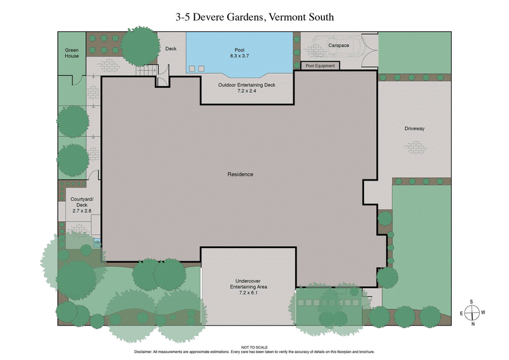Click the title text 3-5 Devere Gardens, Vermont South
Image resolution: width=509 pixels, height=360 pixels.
[x=254, y=17]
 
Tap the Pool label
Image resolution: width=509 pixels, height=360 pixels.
[x=241, y=50]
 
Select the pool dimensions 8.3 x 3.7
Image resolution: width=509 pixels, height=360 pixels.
[x=241, y=56]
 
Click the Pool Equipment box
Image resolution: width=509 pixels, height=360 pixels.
[x=320, y=66]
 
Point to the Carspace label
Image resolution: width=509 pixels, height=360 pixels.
[x=338, y=46]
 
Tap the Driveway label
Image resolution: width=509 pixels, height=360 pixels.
[x=414, y=128]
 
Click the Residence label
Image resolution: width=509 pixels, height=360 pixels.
[x=241, y=174]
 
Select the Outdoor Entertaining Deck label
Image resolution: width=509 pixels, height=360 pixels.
[x=246, y=85]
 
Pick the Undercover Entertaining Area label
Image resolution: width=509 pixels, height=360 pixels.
[x=249, y=283]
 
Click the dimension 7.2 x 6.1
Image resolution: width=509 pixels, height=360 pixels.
[x=249, y=293]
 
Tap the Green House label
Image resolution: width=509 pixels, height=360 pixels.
[x=72, y=53]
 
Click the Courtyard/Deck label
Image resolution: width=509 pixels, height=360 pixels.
[x=81, y=202]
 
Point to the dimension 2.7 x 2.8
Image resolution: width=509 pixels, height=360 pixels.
[x=81, y=211]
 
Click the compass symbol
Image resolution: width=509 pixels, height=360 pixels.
[x=471, y=312]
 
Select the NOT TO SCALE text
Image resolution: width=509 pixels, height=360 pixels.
[x=254, y=347]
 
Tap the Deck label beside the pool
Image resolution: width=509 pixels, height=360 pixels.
[x=171, y=48]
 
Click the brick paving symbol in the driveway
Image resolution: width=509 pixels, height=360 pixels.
[x=415, y=147]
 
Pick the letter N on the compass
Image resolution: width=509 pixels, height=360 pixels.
[x=472, y=324]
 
